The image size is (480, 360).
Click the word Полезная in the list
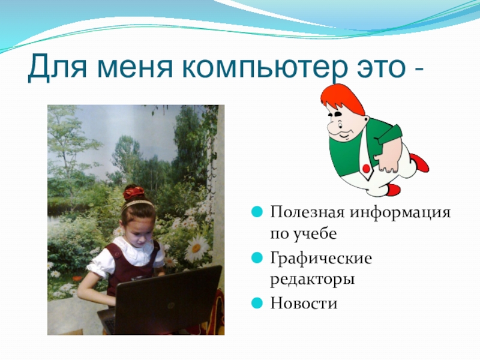pyautogui.click(x=307, y=212)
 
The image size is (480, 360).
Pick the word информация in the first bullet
pyautogui.click(x=400, y=213)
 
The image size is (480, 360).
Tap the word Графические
pyautogui.click(x=321, y=259)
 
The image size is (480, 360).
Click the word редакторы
pyautogui.click(x=312, y=280)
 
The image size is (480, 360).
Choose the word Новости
pyautogui.click(x=304, y=303)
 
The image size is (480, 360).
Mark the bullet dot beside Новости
pyautogui.click(x=257, y=304)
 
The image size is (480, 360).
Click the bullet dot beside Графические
pyautogui.click(x=257, y=258)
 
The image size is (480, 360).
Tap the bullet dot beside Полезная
pyautogui.click(x=257, y=212)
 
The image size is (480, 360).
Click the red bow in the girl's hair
pyautogui.click(x=133, y=193)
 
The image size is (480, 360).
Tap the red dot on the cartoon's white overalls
pyautogui.click(x=366, y=168)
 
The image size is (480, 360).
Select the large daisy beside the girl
pyautogui.click(x=196, y=248)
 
